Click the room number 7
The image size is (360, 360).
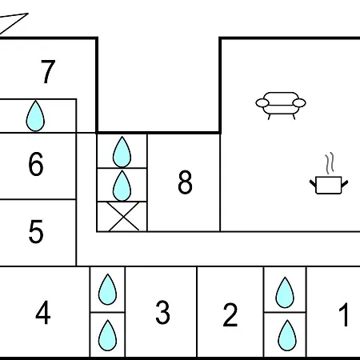pos(48,71)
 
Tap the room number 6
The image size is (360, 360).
pos(36,164)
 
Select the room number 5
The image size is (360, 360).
pos(36,231)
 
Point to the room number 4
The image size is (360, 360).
pos(43,312)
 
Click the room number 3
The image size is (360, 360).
pos(162,312)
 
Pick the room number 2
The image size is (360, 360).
pos(230,314)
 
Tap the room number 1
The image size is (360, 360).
pos(344,314)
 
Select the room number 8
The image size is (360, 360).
pos(185,182)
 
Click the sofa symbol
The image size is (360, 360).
pos(281,106)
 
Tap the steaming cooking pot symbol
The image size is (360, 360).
pos(329,185)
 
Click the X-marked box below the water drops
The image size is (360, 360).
pos(122,216)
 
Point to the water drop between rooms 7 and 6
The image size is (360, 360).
pos(35,116)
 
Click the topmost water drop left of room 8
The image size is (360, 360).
pos(122,152)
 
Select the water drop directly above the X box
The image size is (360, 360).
pos(122,186)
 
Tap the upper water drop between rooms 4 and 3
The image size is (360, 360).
pos(107,290)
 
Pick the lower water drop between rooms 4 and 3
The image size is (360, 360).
pos(107,335)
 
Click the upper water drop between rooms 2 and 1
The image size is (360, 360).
pos(285,293)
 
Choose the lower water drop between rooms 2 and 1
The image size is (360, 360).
pos(287,335)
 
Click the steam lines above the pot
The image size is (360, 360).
pos(330,163)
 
